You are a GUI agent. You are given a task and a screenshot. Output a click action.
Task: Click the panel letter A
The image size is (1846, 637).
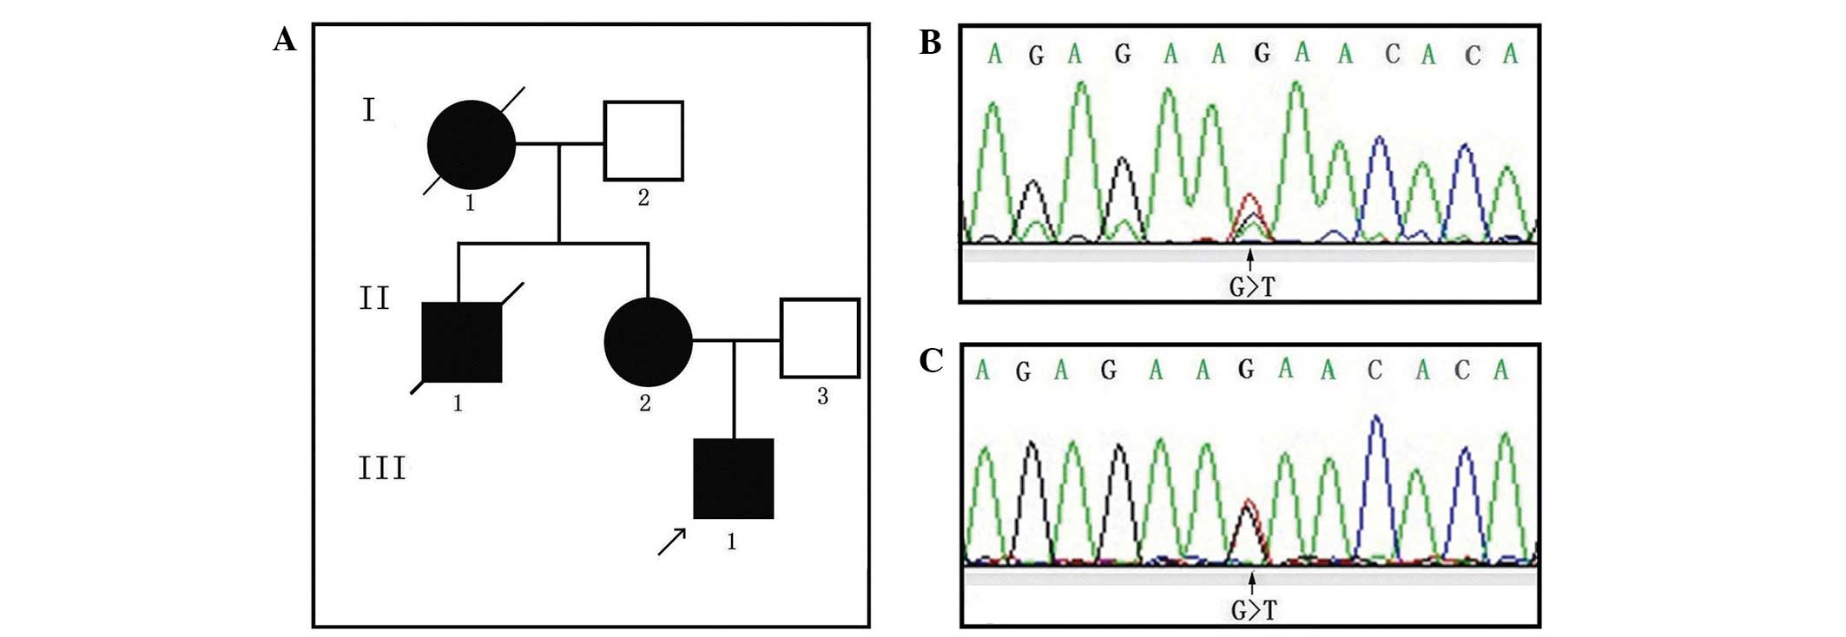[x=284, y=40]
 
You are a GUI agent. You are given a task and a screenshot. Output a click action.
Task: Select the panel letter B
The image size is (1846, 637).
[x=930, y=43]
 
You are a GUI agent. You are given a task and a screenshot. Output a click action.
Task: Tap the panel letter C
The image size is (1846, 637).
[x=931, y=360]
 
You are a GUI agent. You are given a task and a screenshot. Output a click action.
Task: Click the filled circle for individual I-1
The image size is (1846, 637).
[x=471, y=144]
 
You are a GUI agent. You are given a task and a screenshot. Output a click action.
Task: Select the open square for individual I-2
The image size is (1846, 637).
[x=643, y=141]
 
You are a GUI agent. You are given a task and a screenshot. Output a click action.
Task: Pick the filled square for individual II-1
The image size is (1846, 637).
[x=462, y=343]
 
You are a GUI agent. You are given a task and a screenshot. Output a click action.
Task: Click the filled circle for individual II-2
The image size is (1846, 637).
[x=648, y=342]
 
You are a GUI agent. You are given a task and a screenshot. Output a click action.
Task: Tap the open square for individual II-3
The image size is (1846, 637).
[x=820, y=338]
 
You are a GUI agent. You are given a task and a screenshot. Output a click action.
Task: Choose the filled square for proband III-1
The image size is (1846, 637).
[x=734, y=478]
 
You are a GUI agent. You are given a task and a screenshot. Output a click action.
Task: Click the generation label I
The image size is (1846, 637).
[x=369, y=111]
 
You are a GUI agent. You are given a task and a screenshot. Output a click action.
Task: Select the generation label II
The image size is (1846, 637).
[x=375, y=299]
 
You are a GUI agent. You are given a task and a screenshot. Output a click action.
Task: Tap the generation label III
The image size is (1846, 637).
[x=382, y=469]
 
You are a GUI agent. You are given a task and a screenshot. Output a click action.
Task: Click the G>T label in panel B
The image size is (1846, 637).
[x=1251, y=286]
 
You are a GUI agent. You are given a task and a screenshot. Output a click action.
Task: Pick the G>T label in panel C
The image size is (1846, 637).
[x=1254, y=610]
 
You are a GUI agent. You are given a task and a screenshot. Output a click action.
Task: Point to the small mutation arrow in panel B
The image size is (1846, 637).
[x=1250, y=259]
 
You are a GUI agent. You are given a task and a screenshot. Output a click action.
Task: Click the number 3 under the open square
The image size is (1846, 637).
[x=822, y=397]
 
